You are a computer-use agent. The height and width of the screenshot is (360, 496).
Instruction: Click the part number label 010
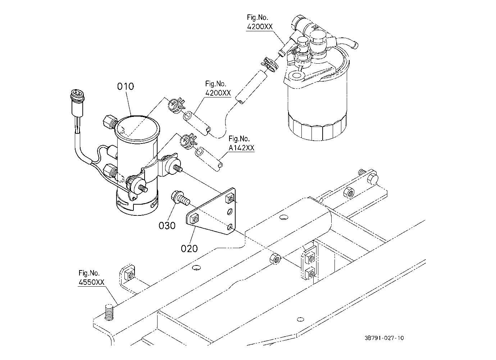click(126, 86)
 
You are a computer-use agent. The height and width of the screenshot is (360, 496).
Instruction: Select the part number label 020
click(189, 249)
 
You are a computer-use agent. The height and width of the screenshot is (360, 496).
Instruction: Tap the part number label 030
click(167, 225)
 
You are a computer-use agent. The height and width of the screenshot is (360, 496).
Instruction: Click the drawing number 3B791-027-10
click(384, 338)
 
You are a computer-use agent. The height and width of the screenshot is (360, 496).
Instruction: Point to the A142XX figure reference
click(241, 148)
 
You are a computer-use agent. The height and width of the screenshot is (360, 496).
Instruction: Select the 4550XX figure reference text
click(91, 282)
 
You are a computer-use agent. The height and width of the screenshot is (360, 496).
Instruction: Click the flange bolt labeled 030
click(181, 198)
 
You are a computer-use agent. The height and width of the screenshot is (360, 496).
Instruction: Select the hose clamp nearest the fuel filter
click(269, 64)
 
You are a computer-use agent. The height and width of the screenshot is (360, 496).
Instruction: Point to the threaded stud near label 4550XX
click(109, 312)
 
